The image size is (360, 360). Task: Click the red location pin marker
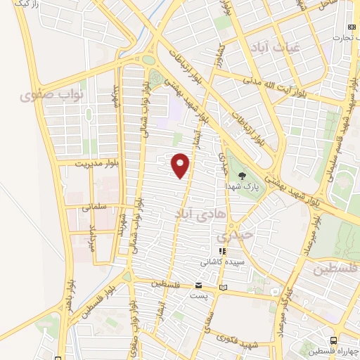[181, 165]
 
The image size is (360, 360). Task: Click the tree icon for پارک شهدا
[243, 176]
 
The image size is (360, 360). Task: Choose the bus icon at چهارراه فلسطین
[335, 341]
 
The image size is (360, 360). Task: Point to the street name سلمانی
[94, 208]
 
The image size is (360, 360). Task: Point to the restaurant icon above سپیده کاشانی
[223, 250]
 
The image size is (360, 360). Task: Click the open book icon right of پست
[224, 287]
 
